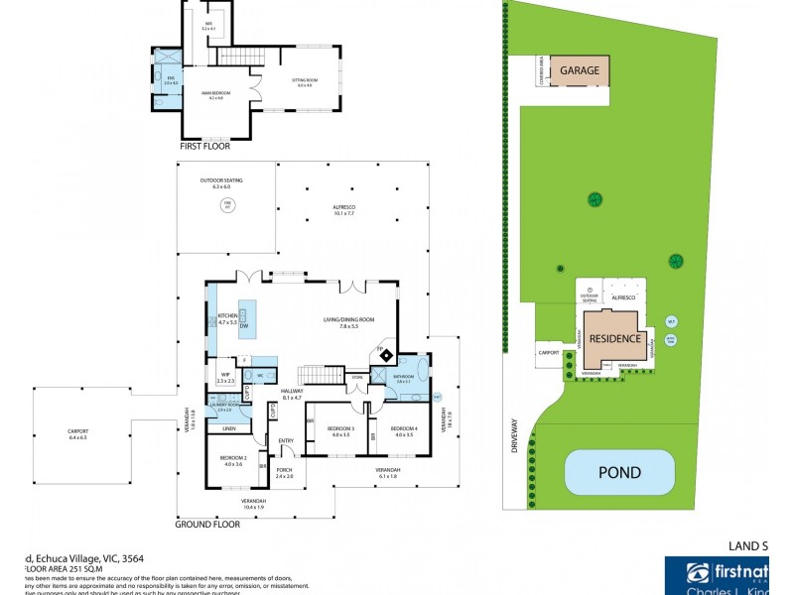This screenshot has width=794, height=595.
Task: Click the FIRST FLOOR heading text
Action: pyautogui.click(x=204, y=146)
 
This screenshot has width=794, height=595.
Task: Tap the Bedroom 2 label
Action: pyautogui.click(x=233, y=461)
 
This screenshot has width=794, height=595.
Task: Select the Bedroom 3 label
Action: pyautogui.click(x=342, y=431)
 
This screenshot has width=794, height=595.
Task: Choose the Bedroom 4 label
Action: pyautogui.click(x=403, y=431)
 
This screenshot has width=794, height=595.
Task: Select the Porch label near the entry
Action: pyautogui.click(x=283, y=474)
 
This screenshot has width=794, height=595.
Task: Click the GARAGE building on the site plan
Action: pyautogui.click(x=579, y=70)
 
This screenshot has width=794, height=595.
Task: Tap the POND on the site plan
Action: pyautogui.click(x=617, y=473)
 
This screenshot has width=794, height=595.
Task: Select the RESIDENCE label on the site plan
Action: pyautogui.click(x=609, y=336)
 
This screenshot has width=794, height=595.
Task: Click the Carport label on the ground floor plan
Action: pyautogui.click(x=77, y=433)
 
